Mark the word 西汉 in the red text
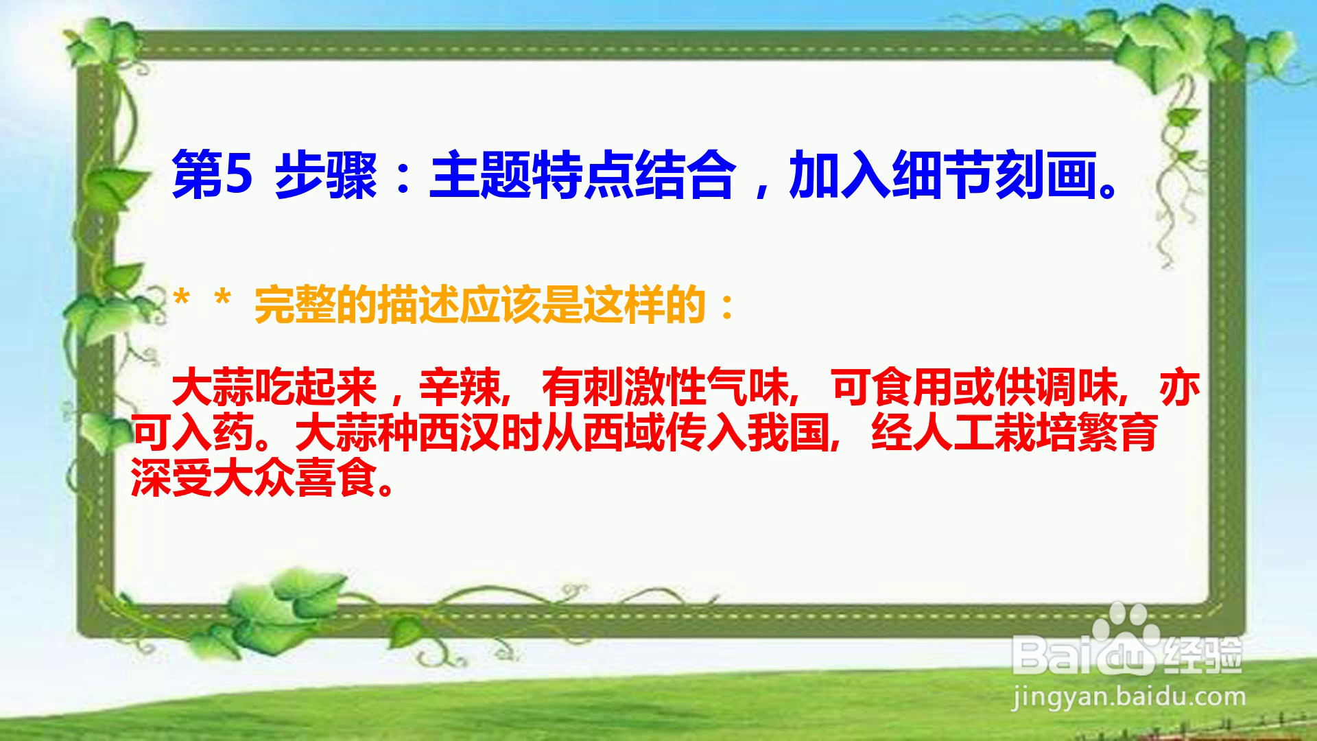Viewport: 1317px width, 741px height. (460, 432)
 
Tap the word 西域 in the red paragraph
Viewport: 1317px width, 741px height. (624, 432)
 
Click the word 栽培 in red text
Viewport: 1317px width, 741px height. (1036, 432)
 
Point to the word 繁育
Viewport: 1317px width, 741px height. (1118, 432)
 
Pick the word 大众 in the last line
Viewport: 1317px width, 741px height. (254, 476)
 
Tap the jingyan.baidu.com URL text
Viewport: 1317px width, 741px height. (1128, 698)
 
